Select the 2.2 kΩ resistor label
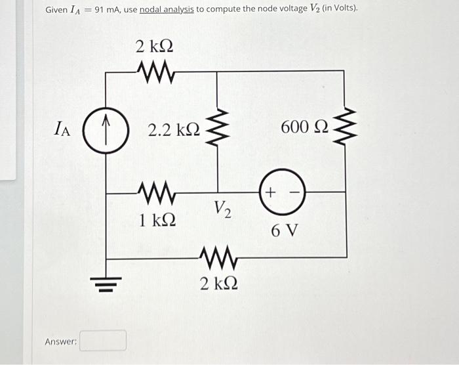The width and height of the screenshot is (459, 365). coord(173,130)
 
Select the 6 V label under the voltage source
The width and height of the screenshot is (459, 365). coord(285,230)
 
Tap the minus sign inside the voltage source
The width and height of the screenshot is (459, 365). coord(293,192)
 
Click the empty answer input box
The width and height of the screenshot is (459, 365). coord(103,341)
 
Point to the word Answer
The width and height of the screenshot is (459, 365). coord(61,341)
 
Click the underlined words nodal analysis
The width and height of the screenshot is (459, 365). coord(167,10)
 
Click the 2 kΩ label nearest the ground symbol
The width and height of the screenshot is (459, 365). coord(219,284)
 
